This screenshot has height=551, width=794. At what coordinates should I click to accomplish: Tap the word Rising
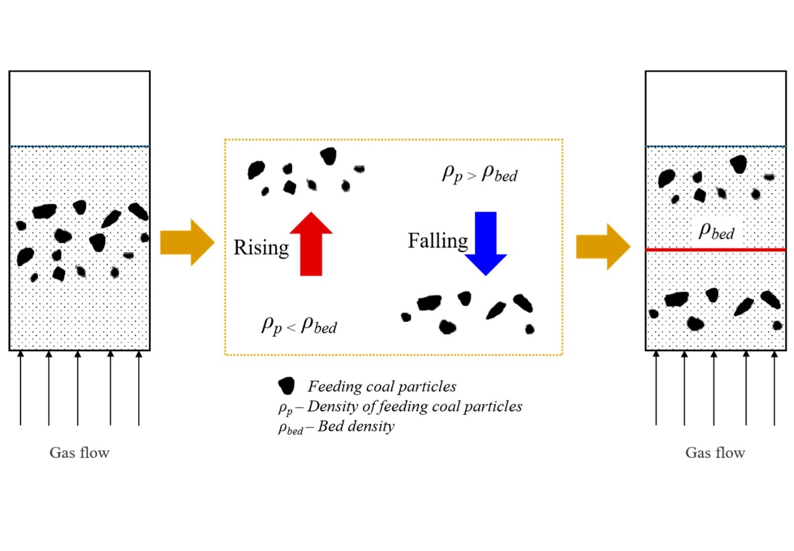261,248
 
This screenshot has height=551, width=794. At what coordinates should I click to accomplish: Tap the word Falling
437,241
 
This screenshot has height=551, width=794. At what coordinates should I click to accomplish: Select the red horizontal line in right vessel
715,249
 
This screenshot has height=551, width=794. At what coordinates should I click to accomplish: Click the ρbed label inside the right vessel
717,232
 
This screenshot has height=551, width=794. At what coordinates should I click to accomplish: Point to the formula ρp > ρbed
479,174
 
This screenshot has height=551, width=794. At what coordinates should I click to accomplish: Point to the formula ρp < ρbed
299,326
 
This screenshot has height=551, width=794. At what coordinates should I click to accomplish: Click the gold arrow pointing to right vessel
602,247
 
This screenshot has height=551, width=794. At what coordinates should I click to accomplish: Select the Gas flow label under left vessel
79,452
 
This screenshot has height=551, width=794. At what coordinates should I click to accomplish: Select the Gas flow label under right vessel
715,452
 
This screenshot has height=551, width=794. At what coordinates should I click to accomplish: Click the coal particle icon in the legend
286,386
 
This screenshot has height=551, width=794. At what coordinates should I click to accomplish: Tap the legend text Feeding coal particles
382,386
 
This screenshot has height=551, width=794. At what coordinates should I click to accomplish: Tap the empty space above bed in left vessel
79,108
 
